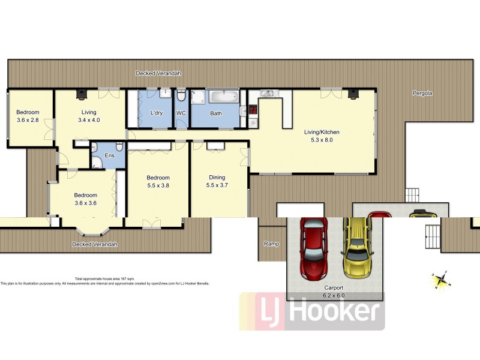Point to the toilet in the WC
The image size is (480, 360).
181,96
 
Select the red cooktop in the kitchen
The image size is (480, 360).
253,110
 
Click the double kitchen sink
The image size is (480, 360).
269,93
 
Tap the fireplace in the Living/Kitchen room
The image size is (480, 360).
354,93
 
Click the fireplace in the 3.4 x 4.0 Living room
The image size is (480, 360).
80,93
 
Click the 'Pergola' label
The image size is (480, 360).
422,93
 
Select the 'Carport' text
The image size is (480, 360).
335,289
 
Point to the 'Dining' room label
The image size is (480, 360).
217,177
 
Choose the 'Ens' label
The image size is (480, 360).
110,155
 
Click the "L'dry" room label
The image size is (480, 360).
157,113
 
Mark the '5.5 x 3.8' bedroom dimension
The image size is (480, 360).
158,186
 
